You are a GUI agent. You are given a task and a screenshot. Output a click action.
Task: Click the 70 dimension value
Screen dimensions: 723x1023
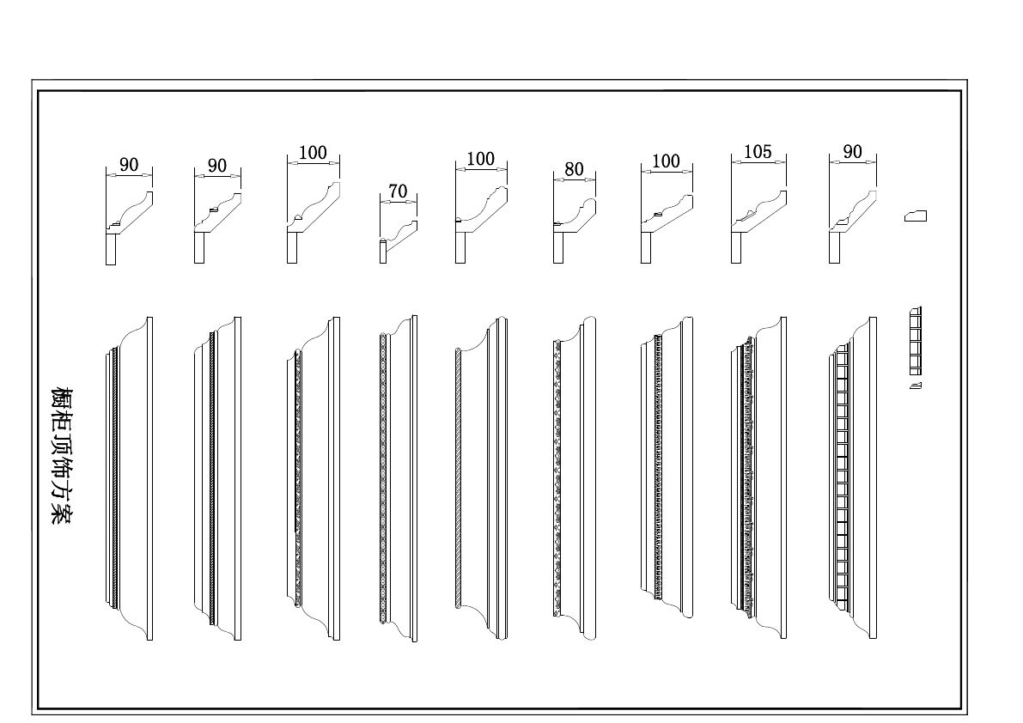click(398, 191)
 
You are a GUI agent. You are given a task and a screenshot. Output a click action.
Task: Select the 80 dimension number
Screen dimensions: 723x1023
click(574, 169)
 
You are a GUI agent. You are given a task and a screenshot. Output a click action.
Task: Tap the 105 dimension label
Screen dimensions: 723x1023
click(758, 152)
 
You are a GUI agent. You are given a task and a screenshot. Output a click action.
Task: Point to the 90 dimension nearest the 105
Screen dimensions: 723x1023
click(852, 152)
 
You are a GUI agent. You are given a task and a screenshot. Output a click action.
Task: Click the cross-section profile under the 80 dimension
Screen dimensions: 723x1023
click(575, 215)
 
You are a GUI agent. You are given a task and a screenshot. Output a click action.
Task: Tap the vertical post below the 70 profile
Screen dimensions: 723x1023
click(383, 252)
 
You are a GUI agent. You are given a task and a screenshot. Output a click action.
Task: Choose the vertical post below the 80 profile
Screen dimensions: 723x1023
click(558, 249)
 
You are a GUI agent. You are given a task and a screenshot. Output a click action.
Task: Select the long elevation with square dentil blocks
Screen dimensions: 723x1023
click(856, 477)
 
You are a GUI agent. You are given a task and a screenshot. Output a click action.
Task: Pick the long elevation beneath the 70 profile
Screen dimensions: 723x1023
click(399, 477)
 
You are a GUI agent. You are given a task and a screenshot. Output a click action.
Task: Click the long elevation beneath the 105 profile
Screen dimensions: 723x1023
click(761, 477)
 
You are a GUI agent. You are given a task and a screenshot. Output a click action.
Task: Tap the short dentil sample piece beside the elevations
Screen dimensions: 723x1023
click(915, 342)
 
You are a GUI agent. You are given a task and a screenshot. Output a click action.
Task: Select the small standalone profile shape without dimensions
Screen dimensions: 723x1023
click(916, 216)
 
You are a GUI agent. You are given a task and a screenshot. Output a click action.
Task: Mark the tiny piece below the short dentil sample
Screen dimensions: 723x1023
click(916, 386)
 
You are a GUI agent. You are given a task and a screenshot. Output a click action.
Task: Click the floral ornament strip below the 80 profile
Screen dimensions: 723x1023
click(557, 477)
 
